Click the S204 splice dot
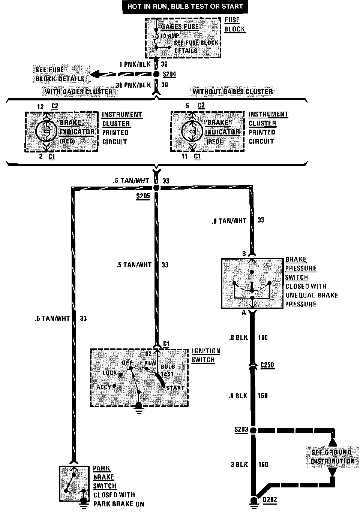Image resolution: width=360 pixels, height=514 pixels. click(156, 75)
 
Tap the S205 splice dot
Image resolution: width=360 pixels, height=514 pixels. click(156, 187)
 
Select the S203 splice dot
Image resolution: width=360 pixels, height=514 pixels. click(253, 430)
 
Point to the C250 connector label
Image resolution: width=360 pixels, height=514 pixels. click(268, 365)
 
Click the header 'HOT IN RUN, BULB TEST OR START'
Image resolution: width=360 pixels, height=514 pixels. click(185, 7)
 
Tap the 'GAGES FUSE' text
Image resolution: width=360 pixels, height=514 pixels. click(180, 27)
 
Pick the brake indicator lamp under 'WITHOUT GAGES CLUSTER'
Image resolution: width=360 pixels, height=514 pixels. click(191, 131)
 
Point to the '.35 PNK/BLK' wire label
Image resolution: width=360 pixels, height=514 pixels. click(133, 85)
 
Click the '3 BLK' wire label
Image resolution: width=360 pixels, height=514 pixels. click(239, 465)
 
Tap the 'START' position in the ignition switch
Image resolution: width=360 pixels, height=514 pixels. click(175, 388)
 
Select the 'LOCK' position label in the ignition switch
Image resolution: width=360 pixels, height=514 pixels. click(110, 373)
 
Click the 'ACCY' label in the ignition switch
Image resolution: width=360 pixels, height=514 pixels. click(104, 387)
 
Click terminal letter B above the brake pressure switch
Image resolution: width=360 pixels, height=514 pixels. click(244, 254)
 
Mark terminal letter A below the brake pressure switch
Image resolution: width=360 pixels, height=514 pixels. click(244, 313)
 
